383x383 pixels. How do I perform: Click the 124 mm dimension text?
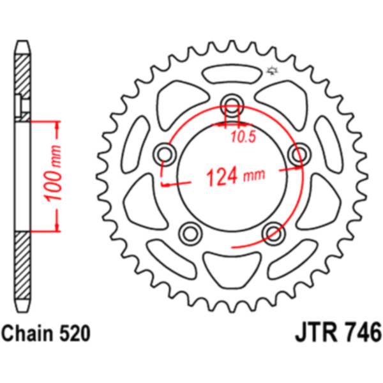point(236,176)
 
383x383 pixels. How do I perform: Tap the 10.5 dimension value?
point(243,137)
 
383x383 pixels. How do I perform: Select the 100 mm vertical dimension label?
point(53,174)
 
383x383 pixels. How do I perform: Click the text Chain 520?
point(46,334)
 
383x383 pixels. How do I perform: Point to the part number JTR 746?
point(338,333)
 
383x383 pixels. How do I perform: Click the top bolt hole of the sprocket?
point(232,105)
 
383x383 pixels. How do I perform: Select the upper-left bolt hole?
point(165,154)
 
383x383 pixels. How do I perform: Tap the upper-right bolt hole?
point(299,154)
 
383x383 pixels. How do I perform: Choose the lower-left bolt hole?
point(190,234)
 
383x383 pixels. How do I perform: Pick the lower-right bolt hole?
point(273,234)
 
